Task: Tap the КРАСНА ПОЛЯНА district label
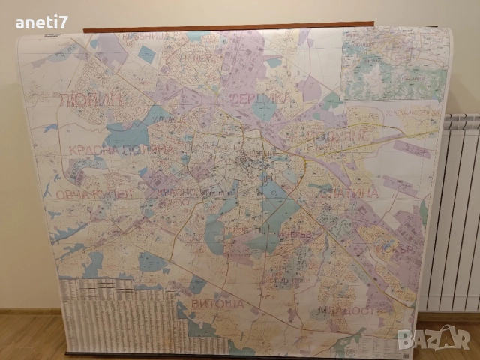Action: (120, 150)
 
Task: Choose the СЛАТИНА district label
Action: (348, 193)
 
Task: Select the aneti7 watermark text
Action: (41, 22)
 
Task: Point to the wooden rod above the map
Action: (229, 27)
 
